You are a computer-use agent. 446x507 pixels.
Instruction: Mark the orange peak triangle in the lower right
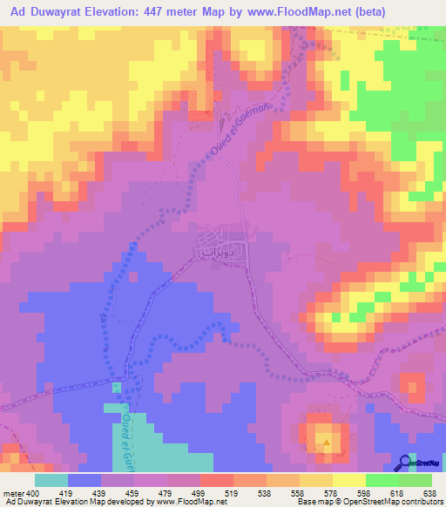click(327, 441)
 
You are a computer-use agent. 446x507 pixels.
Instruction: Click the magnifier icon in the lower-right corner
click(404, 463)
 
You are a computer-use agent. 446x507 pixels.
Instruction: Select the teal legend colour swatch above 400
click(51, 480)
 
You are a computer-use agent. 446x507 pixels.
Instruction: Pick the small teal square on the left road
click(117, 387)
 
